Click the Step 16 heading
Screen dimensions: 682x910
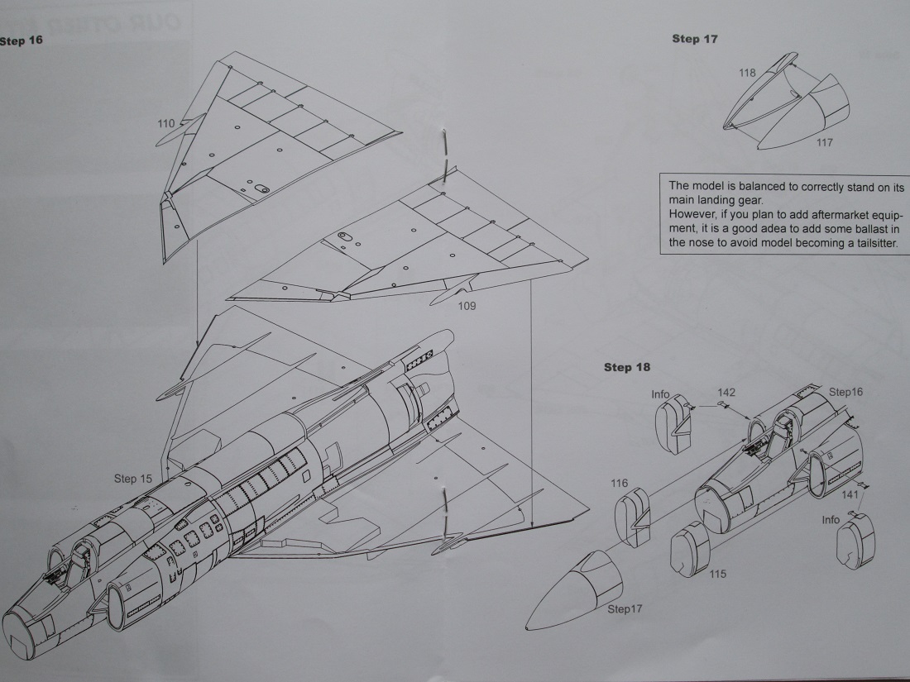click(x=21, y=40)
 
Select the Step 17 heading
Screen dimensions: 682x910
click(x=694, y=39)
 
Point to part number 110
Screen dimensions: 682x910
click(x=165, y=124)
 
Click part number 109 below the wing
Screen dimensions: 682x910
click(x=467, y=305)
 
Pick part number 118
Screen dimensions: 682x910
click(x=747, y=73)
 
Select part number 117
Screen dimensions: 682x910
click(x=824, y=142)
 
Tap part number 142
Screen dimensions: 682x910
click(x=726, y=393)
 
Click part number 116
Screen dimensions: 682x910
click(x=619, y=483)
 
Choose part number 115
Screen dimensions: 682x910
click(x=717, y=574)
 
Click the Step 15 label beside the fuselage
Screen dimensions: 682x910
click(x=133, y=479)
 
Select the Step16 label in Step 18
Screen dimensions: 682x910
click(x=845, y=392)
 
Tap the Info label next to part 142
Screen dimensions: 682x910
click(x=660, y=394)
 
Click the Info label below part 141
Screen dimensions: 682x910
click(x=831, y=520)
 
